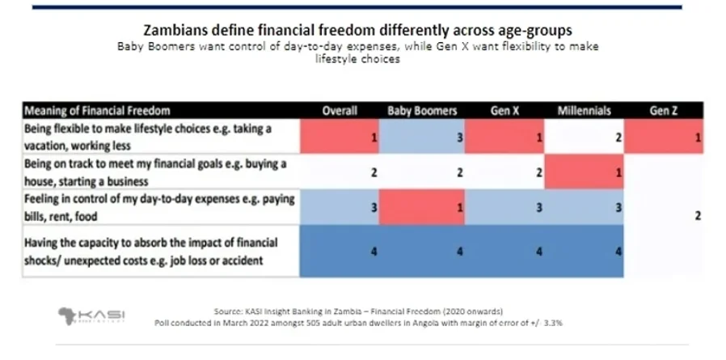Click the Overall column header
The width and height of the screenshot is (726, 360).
click(340, 110)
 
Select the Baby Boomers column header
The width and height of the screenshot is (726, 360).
click(422, 110)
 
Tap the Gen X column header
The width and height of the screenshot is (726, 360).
click(504, 110)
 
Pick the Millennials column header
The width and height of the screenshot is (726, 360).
click(583, 110)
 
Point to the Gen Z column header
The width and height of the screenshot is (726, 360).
click(663, 110)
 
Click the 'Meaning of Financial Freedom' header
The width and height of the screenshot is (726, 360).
click(97, 110)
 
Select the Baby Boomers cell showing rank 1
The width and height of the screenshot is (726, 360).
click(422, 207)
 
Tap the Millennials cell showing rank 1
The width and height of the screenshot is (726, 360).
click(583, 172)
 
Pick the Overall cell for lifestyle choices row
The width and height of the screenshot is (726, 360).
click(340, 138)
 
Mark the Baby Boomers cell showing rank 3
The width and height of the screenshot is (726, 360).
click(422, 138)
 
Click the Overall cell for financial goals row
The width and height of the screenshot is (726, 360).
click(340, 172)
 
